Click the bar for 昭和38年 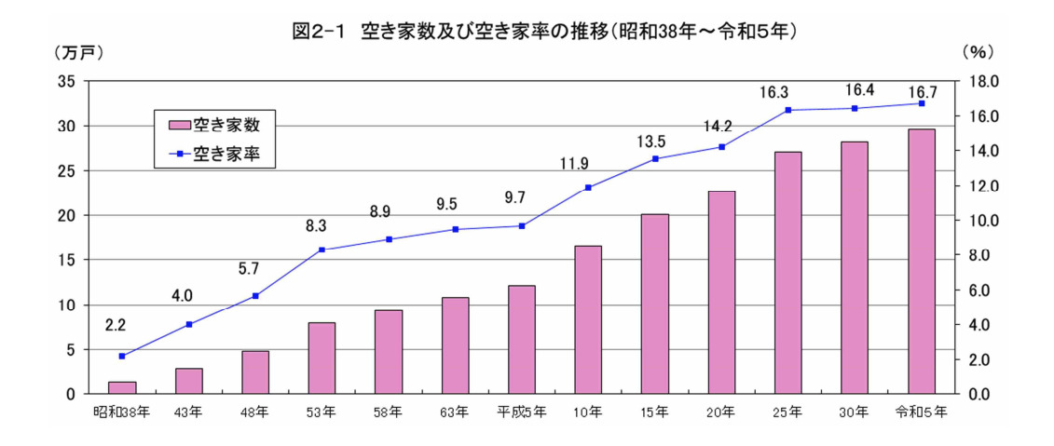coord(122,387)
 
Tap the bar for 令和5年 coord(922,262)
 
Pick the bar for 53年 coord(322,358)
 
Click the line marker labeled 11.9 coord(588,187)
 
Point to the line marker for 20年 coord(721,147)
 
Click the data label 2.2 coord(115,326)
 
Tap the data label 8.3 coord(315,224)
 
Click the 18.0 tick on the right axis coord(983,81)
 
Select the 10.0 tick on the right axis coord(983,221)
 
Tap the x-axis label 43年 coord(188,411)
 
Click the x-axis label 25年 coord(787,411)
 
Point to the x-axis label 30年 coord(854,411)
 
